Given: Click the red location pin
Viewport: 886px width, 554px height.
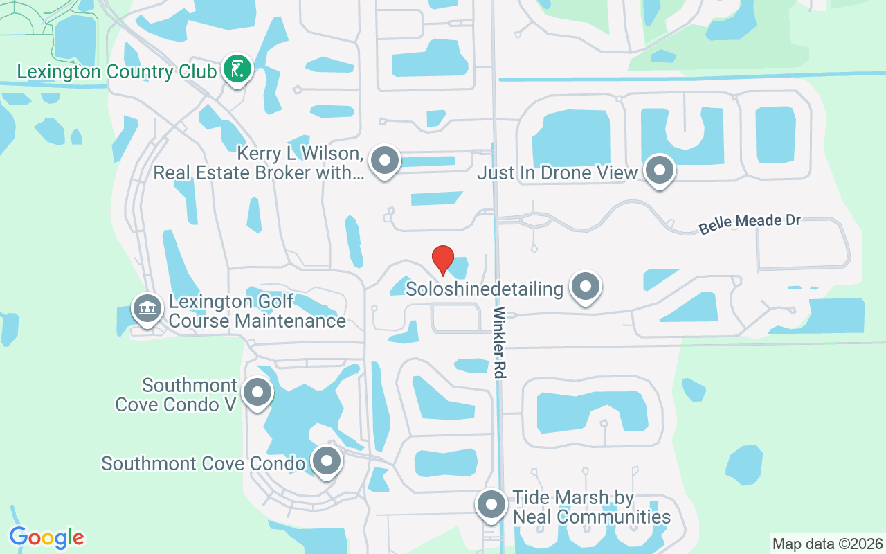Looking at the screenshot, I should (x=443, y=260).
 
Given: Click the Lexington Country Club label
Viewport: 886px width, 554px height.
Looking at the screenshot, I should (x=116, y=72).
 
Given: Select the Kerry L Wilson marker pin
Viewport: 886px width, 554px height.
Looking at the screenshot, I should (x=385, y=161).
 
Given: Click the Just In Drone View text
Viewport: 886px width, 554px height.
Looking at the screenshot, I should (x=557, y=173).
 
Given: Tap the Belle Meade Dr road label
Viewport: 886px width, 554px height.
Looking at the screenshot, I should (x=749, y=224).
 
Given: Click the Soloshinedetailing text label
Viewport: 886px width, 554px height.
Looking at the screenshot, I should (x=484, y=289).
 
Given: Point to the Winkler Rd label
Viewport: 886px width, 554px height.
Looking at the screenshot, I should (x=499, y=343).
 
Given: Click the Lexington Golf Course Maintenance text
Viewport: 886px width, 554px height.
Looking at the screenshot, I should (x=257, y=312).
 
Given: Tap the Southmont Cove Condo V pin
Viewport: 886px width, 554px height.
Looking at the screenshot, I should (x=257, y=393).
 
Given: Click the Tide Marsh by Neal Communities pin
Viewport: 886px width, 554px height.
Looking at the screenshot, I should (x=491, y=506).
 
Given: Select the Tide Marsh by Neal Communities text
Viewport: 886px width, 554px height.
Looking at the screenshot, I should (x=590, y=507).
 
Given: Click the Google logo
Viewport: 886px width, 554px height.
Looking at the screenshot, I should (x=46, y=537).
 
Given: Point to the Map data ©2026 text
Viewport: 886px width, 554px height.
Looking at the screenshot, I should (x=828, y=544).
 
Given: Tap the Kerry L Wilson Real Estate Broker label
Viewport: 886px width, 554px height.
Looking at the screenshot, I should (x=257, y=163).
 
